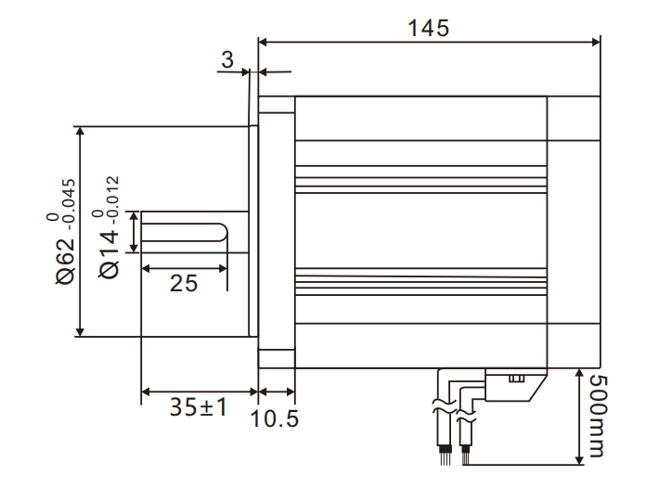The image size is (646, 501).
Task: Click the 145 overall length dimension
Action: click(428, 27)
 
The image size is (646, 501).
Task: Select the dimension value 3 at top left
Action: click(227, 60)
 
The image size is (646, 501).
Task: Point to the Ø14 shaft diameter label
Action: click(110, 253)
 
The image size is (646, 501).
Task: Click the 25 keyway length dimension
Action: click(184, 283)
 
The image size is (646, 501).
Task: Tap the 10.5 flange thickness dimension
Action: click(276, 418)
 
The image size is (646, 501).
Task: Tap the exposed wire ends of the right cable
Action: click(466, 454)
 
